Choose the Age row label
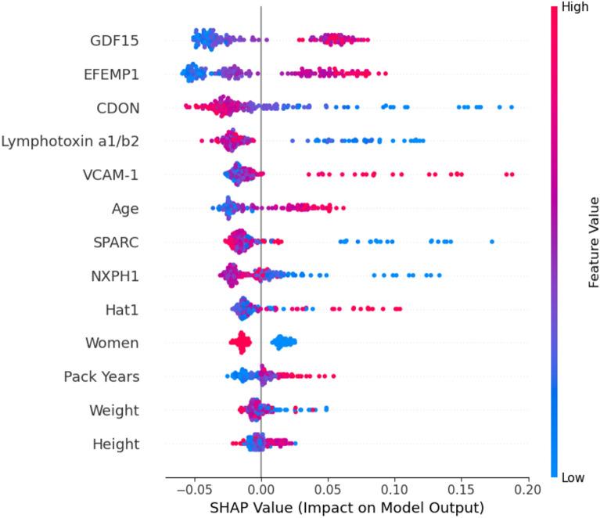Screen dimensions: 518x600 125,208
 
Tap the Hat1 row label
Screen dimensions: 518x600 122,309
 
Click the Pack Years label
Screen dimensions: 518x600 102,376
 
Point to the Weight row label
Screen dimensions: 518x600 114,410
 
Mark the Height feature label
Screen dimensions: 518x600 116,444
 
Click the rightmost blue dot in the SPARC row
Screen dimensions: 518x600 491,242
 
